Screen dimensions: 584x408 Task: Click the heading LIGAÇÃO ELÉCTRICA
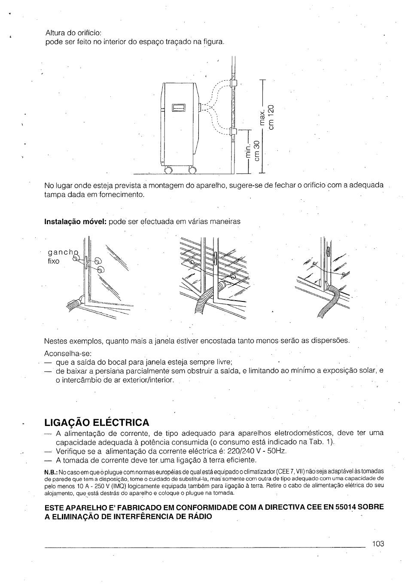(97, 421)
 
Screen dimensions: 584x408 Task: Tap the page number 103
(378, 544)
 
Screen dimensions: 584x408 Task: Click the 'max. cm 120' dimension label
(267, 117)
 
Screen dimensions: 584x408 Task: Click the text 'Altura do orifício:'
(73, 33)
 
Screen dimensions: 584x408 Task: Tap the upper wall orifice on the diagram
(234, 83)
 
